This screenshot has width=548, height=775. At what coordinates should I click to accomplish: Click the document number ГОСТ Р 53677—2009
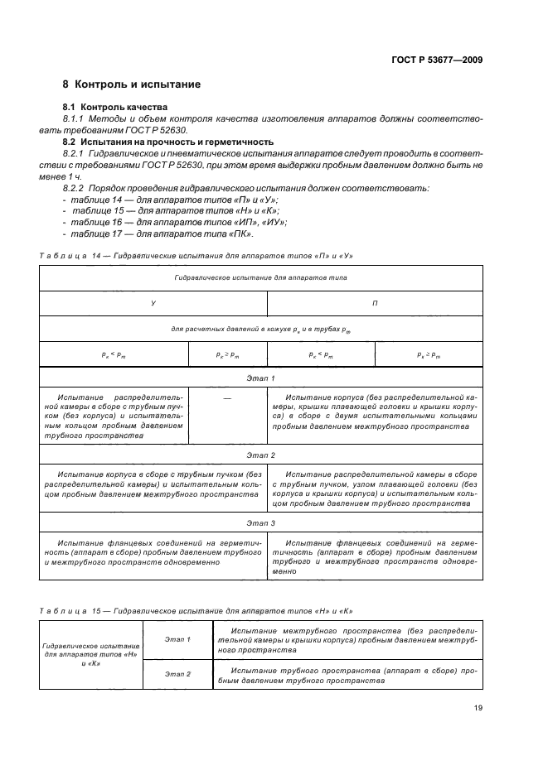tap(439, 60)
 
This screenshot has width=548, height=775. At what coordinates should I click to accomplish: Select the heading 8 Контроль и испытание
tap(131, 84)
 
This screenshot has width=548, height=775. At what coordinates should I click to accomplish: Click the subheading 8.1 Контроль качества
tap(115, 107)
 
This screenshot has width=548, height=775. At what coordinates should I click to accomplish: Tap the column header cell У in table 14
tap(153, 304)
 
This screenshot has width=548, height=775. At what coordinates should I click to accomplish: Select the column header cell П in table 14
tap(375, 304)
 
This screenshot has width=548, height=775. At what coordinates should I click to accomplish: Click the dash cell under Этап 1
tap(228, 399)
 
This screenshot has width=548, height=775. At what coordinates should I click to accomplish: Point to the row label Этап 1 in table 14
tap(261, 377)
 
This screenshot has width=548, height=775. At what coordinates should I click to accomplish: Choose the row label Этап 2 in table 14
tap(261, 455)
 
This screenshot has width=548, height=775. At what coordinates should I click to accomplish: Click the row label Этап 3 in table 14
tap(261, 522)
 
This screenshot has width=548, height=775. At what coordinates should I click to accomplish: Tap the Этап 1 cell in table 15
tap(177, 639)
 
